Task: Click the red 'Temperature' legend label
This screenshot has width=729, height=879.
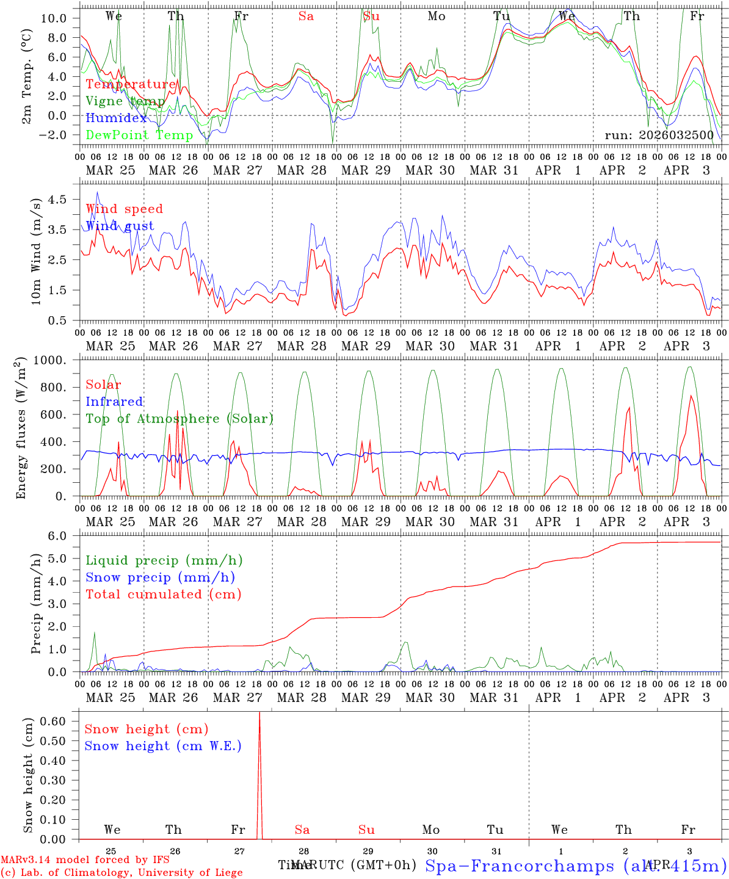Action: click(131, 84)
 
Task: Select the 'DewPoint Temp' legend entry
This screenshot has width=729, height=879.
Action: click(139, 135)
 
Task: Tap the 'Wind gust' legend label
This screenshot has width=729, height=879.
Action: click(120, 226)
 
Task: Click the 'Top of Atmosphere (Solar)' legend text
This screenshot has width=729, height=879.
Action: click(179, 419)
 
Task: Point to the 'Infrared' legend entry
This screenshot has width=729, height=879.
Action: click(114, 402)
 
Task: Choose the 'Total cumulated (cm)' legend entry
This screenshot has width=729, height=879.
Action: click(163, 594)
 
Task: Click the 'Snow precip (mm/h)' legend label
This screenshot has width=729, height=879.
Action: click(160, 577)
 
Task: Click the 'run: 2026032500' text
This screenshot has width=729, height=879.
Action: click(659, 135)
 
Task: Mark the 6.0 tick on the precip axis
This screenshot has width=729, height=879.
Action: click(62, 535)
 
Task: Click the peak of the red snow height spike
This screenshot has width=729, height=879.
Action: click(259, 713)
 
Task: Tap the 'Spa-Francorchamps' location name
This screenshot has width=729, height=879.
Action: click(519, 866)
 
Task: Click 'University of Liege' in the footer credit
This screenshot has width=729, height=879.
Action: click(190, 872)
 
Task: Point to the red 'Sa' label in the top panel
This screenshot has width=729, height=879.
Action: click(306, 16)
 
